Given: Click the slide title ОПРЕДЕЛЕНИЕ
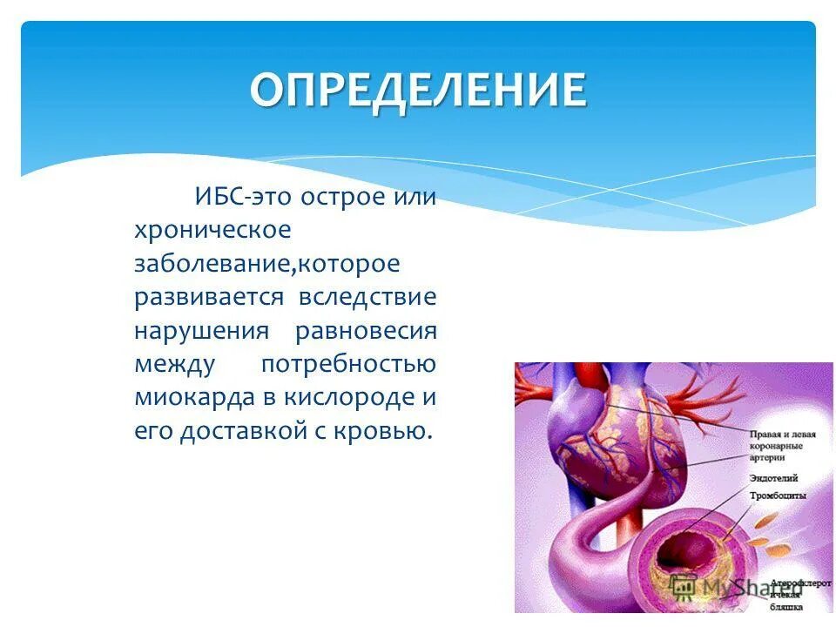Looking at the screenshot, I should point(418,90).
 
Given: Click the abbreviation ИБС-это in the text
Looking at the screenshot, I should point(245,196).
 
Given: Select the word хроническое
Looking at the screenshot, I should point(212,230).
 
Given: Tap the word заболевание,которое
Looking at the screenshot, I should point(267,263).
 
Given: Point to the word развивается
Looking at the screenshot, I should point(209,297).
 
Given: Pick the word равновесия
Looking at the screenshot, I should point(366,331).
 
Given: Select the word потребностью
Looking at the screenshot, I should point(348,364).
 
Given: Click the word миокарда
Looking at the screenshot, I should point(192,398).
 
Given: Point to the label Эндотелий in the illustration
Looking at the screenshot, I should point(773,478).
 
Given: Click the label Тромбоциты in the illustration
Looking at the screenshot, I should point(777,495).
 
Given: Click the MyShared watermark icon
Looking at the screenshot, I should point(684,588).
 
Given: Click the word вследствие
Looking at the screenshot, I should point(367,297).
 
